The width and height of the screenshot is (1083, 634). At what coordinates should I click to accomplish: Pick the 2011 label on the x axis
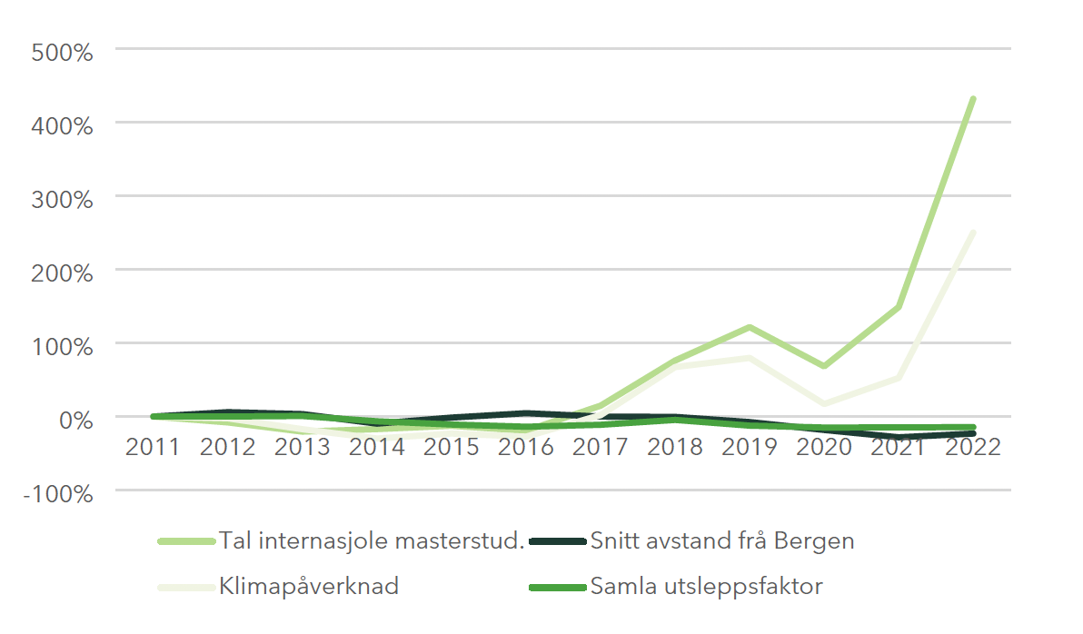[154, 448]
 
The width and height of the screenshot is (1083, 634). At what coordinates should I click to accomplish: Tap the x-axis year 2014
[377, 448]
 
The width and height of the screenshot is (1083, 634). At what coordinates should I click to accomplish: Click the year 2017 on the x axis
[600, 448]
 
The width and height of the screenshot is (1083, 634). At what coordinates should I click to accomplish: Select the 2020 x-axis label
[823, 448]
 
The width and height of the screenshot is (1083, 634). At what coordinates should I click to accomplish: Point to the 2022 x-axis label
[972, 448]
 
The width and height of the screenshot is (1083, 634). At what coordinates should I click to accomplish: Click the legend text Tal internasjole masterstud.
[372, 541]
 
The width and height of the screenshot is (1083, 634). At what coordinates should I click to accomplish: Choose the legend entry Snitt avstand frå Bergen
[721, 541]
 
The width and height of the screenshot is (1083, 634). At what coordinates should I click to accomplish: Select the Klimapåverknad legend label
[308, 586]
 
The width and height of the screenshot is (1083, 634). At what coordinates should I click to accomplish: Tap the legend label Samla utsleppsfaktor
[706, 586]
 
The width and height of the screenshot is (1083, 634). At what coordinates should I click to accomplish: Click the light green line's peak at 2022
[972, 99]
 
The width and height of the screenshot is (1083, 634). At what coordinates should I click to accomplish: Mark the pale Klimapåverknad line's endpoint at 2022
[972, 233]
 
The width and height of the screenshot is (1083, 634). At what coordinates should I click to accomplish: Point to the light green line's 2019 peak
[749, 327]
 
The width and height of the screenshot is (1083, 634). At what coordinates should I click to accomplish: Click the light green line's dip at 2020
[823, 366]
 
